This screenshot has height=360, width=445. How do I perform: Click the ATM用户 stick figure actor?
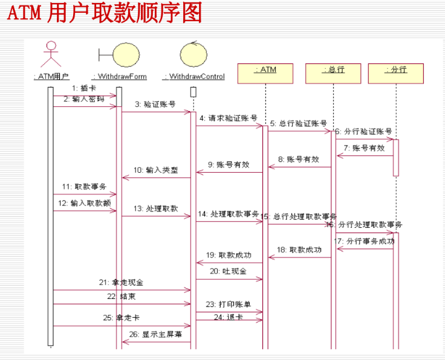(51, 54)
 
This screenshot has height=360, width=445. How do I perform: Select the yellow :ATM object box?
(265, 70)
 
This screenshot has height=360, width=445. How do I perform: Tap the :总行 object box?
(333, 70)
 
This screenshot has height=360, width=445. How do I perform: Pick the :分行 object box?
(396, 70)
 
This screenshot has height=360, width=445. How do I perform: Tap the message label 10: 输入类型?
(157, 170)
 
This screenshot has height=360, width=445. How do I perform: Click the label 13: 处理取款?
(156, 208)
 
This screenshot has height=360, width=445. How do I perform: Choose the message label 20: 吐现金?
(228, 272)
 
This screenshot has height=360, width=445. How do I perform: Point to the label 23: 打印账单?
(228, 304)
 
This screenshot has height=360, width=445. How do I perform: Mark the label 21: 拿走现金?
(121, 283)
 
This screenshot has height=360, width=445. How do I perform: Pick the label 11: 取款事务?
(83, 187)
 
